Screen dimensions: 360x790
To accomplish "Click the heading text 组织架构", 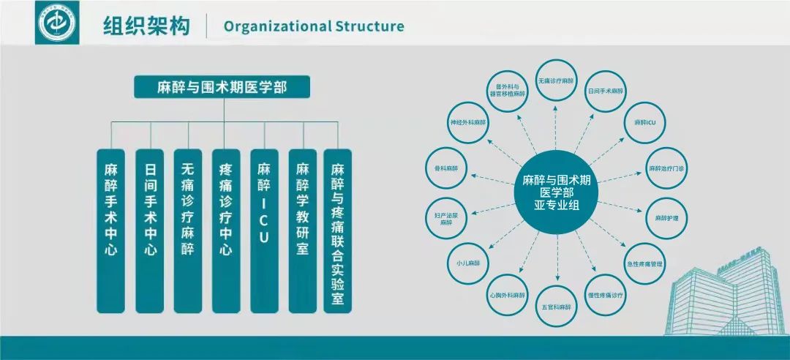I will coord(146,26).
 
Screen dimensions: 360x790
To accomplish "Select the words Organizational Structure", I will coord(314,27).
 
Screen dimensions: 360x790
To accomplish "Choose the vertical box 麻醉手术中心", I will coord(111,231).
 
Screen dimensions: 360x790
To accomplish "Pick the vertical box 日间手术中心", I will coord(149,231).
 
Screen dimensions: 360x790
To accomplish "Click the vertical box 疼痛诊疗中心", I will coord(225,231).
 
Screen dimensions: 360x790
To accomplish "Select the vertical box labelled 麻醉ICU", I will coord(264,231).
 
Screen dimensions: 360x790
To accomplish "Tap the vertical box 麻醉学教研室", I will coord(302,231).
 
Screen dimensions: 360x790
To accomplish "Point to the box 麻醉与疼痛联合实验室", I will coord(338,231).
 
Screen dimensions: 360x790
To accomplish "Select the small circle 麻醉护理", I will coord(666,219).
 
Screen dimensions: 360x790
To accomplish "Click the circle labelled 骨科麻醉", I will coord(446,169).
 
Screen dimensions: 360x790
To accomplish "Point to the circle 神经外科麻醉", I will coord(468,122).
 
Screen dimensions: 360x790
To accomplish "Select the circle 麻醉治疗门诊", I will coord(666,169).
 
